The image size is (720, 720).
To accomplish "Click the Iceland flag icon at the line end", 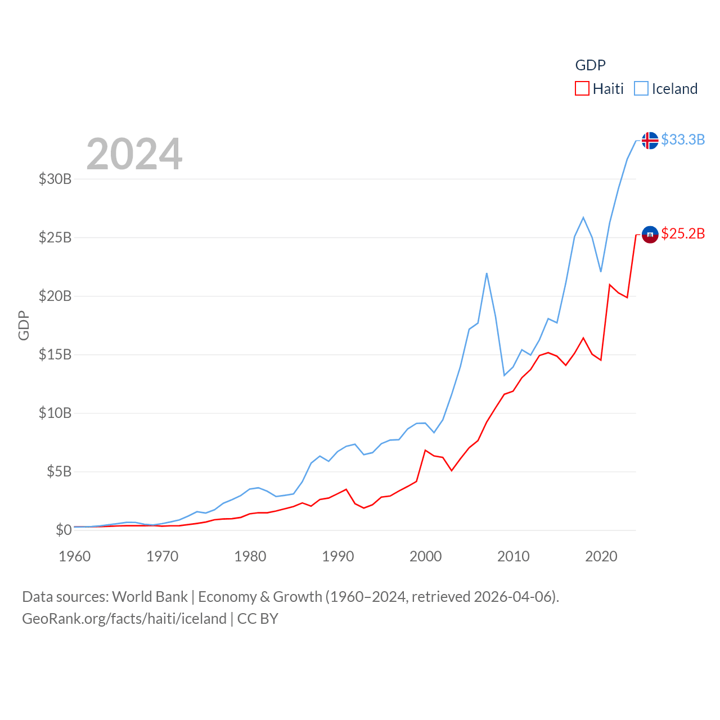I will tap(650, 140).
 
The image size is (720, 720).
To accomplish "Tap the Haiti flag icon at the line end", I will tap(650, 235).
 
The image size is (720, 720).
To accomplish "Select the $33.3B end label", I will tap(683, 139).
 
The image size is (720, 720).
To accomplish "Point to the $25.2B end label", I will tap(683, 233).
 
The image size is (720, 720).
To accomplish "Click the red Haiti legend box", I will tap(582, 89).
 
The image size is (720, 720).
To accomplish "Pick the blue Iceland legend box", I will tap(641, 89).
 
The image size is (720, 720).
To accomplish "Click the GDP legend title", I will tap(590, 65).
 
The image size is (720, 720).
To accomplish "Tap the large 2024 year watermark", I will tap(134, 154).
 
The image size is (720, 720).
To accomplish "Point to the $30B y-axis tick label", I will tap(55, 179).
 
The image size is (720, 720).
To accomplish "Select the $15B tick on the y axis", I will tap(55, 354).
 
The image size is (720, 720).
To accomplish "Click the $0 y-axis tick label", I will tap(64, 530).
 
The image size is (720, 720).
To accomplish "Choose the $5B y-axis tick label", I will tap(59, 471).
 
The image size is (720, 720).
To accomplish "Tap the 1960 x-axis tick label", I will tap(75, 556).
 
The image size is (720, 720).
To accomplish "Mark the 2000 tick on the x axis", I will tap(426, 556).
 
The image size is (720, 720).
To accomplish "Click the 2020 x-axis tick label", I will tap(601, 556).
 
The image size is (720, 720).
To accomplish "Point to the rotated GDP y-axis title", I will tap(24, 325).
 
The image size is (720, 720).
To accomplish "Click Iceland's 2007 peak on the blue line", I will tap(487, 273).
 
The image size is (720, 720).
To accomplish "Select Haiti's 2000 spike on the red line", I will tap(425, 450).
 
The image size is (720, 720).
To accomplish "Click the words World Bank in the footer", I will tap(150, 597).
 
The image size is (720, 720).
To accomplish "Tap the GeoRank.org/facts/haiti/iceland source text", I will tap(124, 619).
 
